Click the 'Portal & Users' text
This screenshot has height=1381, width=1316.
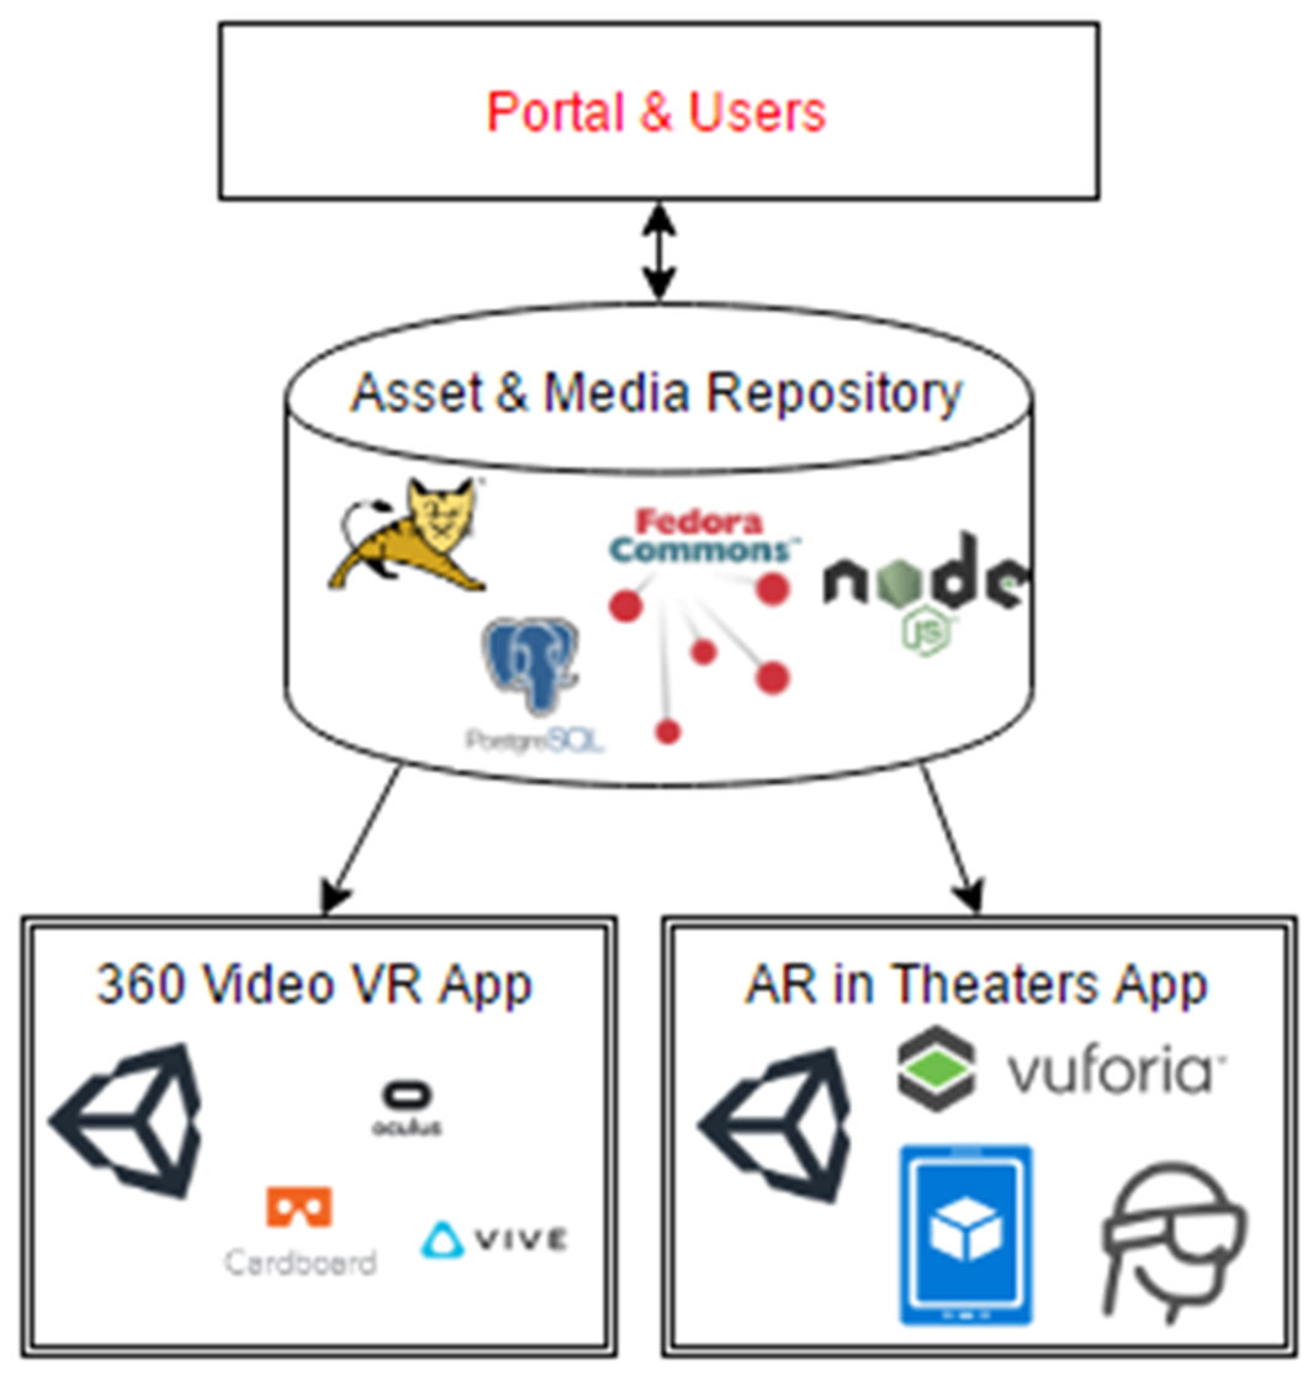(x=656, y=112)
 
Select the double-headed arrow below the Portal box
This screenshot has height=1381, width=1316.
(x=660, y=253)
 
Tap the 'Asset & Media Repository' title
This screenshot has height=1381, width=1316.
(x=656, y=393)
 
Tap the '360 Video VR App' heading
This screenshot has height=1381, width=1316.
(x=314, y=985)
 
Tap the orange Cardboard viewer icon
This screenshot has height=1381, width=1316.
(x=299, y=1207)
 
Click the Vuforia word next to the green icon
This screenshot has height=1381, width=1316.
(x=1116, y=1073)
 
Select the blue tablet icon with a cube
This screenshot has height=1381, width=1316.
(x=967, y=1234)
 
